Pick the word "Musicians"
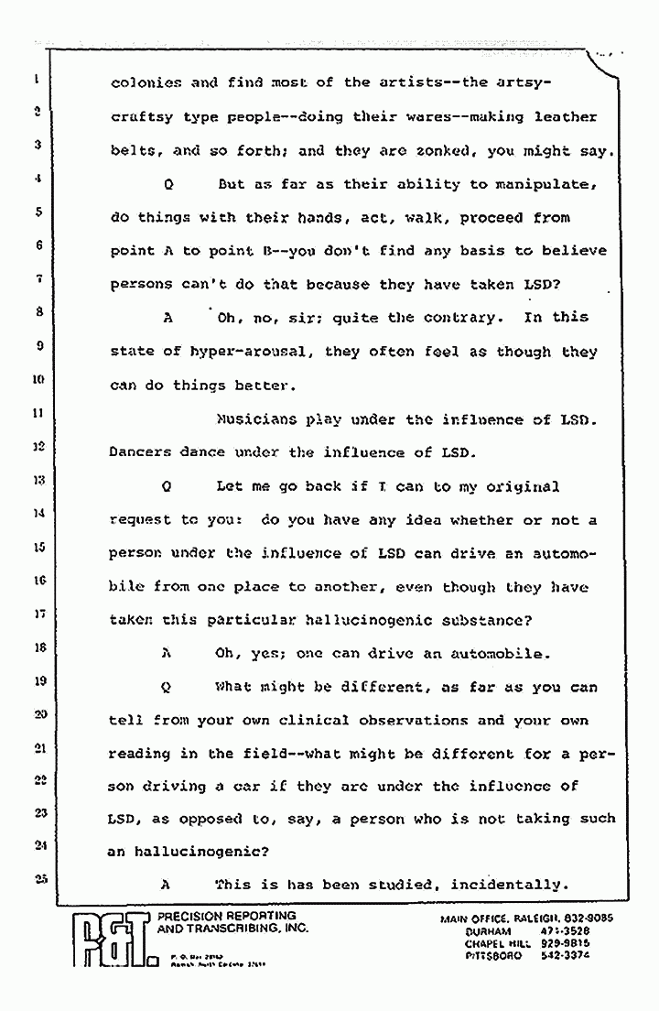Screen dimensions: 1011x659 (x=256, y=419)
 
